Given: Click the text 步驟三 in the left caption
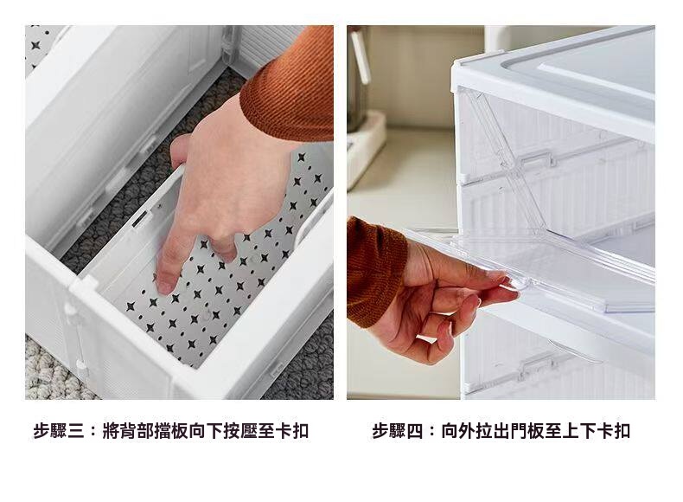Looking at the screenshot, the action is coord(59,431).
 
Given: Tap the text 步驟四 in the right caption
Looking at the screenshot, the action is coord(398,431).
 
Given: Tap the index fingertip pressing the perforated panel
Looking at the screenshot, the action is coord(164,286).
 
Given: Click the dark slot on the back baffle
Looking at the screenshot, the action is coord(139,219).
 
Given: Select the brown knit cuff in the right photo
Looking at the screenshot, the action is coord(374,270).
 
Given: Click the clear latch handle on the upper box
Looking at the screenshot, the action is coord(539,158).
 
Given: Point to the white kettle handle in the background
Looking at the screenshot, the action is coord(361,56).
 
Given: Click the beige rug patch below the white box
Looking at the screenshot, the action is coord(52,370).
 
